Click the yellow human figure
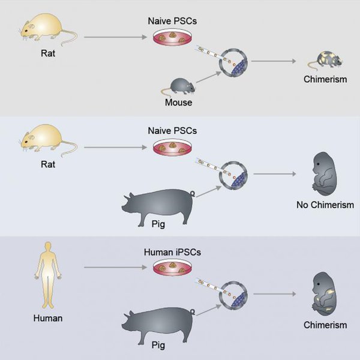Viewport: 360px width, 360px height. [45, 278]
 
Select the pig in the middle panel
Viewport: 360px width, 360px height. [160, 205]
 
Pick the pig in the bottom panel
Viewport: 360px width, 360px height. [160, 323]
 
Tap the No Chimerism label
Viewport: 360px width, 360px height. [325, 205]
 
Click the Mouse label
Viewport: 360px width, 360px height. [178, 103]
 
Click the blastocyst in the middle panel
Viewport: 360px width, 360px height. [233, 174]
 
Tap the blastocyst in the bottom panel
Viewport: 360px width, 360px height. [233, 294]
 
